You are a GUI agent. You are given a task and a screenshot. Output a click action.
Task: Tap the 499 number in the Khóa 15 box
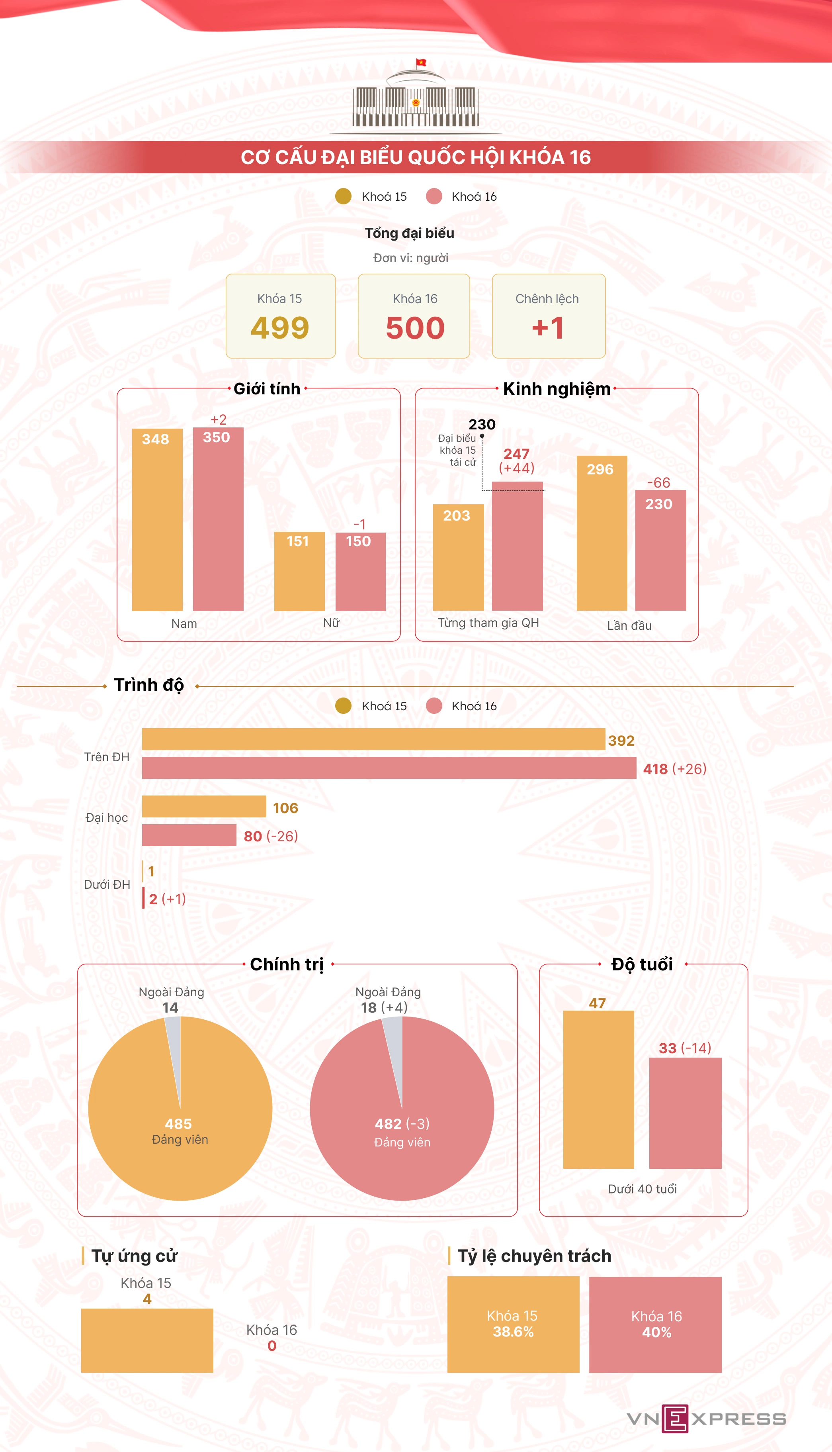point(280,327)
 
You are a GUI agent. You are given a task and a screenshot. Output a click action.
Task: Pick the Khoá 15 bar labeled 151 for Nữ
point(299,572)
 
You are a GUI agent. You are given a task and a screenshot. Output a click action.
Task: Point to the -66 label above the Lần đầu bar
point(658,482)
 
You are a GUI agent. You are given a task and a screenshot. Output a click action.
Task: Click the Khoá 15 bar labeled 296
point(602,535)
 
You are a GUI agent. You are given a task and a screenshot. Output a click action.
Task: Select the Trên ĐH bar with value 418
point(389,768)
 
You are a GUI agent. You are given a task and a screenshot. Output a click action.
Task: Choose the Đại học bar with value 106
point(204,807)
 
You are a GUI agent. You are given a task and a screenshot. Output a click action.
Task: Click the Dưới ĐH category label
point(107,884)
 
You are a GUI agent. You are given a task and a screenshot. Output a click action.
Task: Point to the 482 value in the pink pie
point(388,1124)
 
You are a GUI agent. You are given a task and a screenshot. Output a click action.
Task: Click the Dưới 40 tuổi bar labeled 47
point(598,1089)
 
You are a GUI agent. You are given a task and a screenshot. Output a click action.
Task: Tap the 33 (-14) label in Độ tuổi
point(685,1048)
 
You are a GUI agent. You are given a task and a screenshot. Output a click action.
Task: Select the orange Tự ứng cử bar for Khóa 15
point(147,1340)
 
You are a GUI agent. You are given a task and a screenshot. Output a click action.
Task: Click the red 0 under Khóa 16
point(272,1346)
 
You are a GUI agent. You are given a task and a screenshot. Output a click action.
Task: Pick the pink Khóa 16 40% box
point(655,1324)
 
